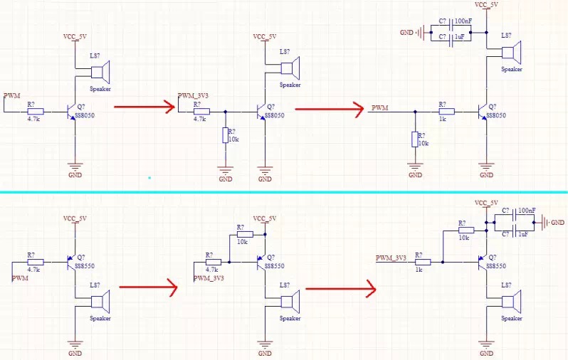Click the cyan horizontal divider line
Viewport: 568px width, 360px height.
point(284,191)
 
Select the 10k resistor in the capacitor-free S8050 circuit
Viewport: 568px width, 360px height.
point(225,135)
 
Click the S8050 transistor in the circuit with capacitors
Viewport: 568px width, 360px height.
point(485,112)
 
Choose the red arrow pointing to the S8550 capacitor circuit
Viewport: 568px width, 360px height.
point(340,288)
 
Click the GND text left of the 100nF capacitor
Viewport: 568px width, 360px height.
point(406,32)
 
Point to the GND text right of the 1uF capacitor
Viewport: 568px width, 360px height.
point(557,223)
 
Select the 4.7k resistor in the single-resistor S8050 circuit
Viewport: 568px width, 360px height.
point(35,112)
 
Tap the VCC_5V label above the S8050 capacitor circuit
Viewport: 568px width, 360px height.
point(486,5)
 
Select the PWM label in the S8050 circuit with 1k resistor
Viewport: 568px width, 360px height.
point(380,108)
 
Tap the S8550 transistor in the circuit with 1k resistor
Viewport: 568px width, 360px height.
point(485,263)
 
